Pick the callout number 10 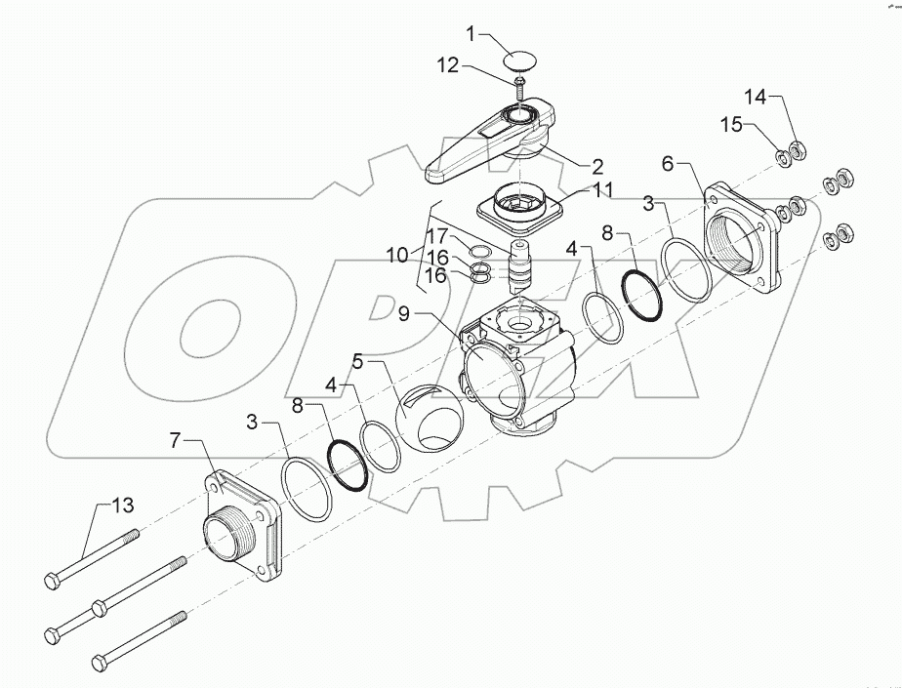[397, 255]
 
